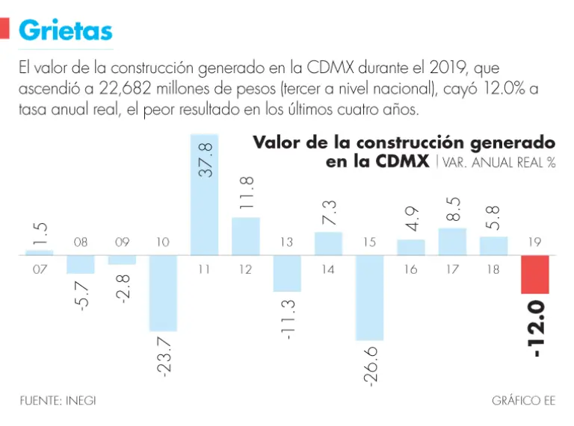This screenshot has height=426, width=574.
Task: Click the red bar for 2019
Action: [535, 274]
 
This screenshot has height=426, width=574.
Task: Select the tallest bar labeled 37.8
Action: [205, 194]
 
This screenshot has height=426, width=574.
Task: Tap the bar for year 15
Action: [370, 297]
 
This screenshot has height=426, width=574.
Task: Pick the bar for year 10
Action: [163, 292]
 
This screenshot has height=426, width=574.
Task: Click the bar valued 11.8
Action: [246, 236]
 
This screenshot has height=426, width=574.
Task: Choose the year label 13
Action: [286, 242]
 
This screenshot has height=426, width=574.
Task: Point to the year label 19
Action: [535, 242]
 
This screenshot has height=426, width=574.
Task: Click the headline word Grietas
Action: [66, 30]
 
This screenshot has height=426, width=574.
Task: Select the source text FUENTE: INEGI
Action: [58, 401]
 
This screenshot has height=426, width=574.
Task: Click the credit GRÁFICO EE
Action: [523, 401]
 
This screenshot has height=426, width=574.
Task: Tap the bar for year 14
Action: [328, 243]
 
